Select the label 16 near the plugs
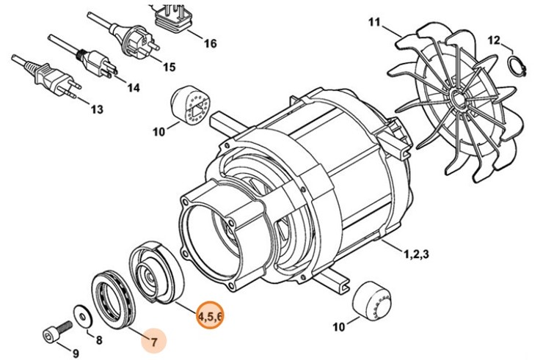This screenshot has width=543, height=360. click(210, 43)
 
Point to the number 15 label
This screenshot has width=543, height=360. click(169, 67)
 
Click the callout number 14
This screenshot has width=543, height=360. click(132, 88)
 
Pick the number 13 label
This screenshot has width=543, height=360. click(97, 111)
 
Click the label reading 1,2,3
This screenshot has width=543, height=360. click(416, 254)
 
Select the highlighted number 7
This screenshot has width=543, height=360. click(154, 341)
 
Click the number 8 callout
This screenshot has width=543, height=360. click(99, 339)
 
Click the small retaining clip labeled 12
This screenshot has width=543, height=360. click(518, 65)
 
